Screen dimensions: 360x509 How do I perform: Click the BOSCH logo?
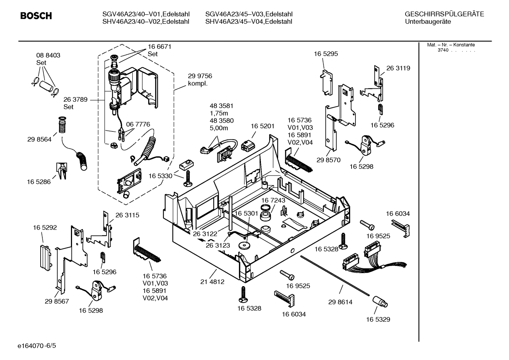(x=36, y=16)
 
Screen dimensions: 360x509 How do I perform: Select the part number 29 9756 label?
(x=200, y=76)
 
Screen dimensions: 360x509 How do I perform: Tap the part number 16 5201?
(x=262, y=126)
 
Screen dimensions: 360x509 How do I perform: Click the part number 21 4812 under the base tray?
(x=212, y=282)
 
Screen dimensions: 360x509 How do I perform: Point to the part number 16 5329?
(x=378, y=319)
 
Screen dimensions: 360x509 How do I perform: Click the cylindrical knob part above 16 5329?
(x=380, y=302)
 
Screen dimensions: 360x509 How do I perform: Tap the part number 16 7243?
(x=273, y=200)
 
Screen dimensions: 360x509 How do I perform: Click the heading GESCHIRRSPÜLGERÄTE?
(x=444, y=14)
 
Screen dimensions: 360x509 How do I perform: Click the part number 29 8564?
(x=39, y=139)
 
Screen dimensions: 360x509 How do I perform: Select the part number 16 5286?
(x=38, y=182)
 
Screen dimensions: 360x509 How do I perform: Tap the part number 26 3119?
(x=398, y=68)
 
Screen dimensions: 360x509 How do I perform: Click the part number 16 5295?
(x=326, y=54)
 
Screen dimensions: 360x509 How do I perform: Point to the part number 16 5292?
(x=45, y=228)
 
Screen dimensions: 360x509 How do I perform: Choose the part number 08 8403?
(x=48, y=55)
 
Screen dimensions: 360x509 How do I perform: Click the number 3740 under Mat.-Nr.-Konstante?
(x=443, y=50)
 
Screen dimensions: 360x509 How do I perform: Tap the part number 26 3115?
(x=127, y=215)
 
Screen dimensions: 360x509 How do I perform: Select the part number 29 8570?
(x=328, y=160)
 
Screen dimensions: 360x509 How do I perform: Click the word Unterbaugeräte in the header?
(x=428, y=22)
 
